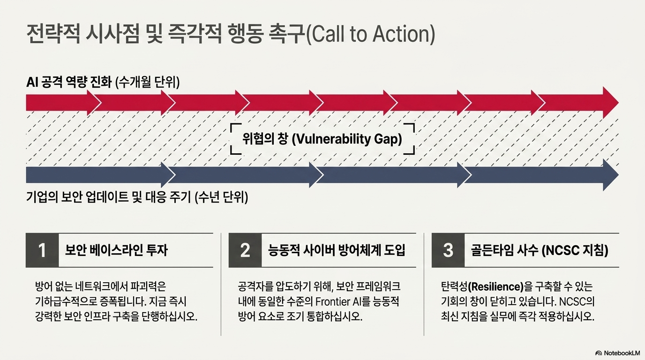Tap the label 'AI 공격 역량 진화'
tap(69, 82)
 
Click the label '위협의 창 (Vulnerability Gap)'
tap(322, 139)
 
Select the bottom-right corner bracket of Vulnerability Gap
tap(410, 150)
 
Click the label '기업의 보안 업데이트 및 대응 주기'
tap(109, 197)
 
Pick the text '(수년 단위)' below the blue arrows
tap(221, 197)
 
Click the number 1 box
tap(42, 250)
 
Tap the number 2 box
tap(245, 250)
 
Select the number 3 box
tap(448, 250)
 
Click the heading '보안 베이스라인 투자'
tap(116, 250)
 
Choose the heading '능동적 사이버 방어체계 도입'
tap(337, 250)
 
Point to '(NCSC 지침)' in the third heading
tap(575, 250)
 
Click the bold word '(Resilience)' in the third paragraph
tap(496, 286)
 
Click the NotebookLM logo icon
tap(598, 353)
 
